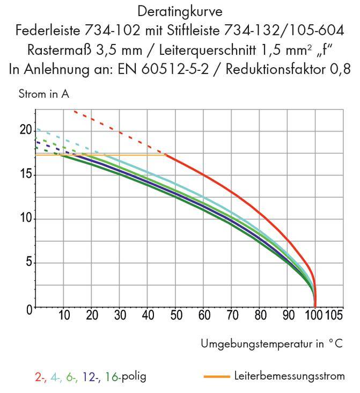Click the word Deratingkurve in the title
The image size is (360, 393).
(179, 11)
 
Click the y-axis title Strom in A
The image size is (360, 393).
(44, 94)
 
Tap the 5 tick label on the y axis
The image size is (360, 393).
(28, 264)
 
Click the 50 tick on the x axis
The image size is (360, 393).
(175, 315)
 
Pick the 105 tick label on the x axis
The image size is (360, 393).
(335, 315)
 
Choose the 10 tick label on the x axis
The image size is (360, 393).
(64, 315)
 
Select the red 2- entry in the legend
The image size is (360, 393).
(40, 376)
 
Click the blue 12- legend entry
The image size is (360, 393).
(91, 376)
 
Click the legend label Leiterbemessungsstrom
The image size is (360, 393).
(289, 376)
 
